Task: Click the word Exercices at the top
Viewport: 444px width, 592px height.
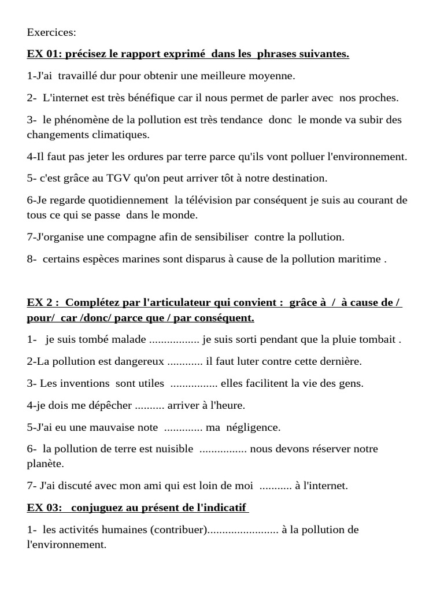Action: (x=51, y=32)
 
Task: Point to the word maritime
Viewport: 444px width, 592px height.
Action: (x=360, y=259)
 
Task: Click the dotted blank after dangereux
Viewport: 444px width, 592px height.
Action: (x=185, y=361)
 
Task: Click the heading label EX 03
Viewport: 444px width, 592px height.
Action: (x=44, y=508)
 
